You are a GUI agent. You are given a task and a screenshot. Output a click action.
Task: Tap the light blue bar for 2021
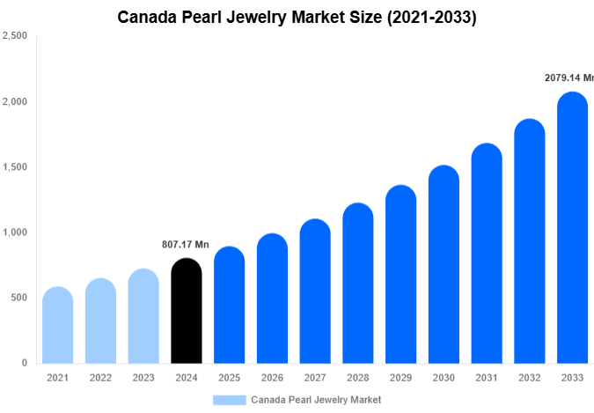coord(57,325)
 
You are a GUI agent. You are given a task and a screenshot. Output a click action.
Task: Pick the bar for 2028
coord(358,283)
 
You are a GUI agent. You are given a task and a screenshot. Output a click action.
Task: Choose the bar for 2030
coord(444,264)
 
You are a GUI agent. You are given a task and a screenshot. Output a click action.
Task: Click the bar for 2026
coord(272,299)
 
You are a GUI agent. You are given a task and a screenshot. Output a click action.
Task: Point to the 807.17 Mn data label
coord(185,245)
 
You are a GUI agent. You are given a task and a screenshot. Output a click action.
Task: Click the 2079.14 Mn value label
coord(568,78)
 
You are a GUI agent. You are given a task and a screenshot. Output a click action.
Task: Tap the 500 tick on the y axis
coord(18,298)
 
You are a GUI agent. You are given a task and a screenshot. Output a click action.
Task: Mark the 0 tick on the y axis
coord(24,363)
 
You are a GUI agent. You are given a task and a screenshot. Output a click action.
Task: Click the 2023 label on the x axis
coord(143,378)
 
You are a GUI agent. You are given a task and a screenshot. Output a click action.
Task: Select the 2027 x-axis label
coord(315,378)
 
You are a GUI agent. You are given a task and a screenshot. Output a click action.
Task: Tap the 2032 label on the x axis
coord(530,378)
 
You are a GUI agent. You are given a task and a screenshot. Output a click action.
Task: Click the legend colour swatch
coord(229,400)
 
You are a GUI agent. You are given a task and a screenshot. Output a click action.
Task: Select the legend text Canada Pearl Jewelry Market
coord(316,400)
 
